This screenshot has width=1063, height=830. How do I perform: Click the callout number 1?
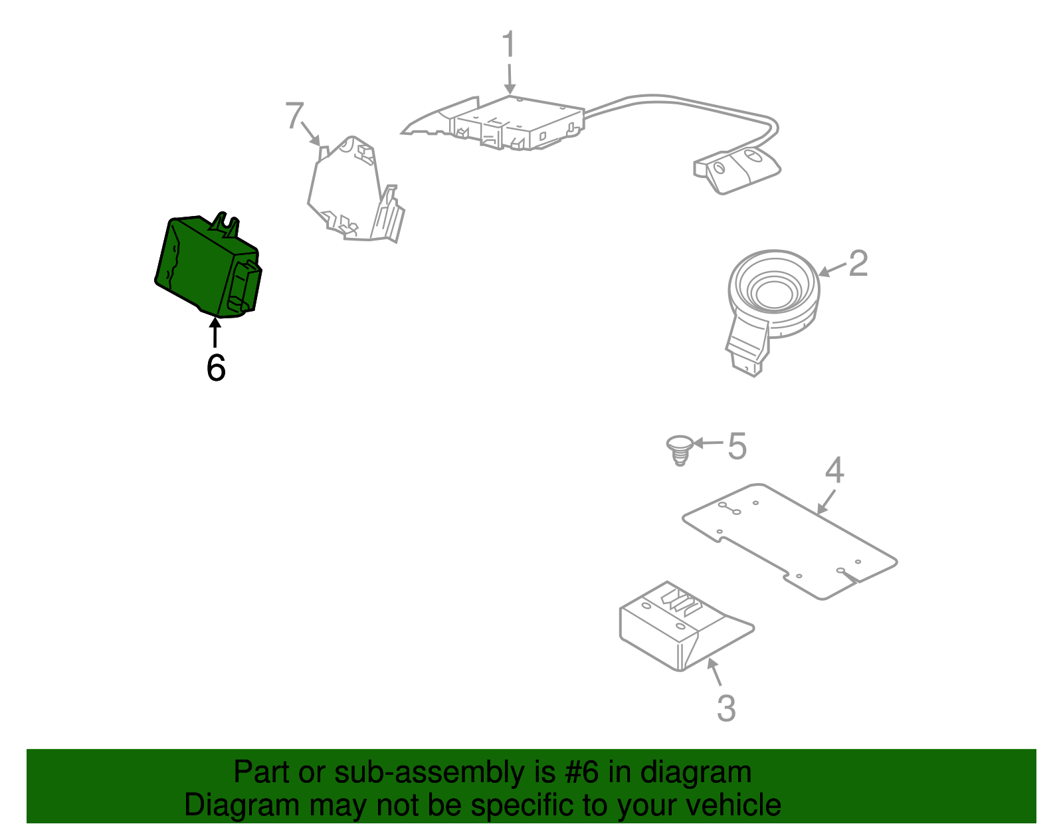click(508, 45)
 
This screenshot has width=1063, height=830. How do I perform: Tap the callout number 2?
click(858, 264)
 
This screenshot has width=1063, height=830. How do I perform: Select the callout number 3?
click(726, 708)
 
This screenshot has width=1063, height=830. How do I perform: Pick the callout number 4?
click(834, 470)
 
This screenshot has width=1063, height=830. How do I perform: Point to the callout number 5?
click(737, 446)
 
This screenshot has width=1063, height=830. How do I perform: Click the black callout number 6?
click(216, 368)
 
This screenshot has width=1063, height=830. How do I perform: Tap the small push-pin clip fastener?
click(679, 449)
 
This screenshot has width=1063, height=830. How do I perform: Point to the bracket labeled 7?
click(352, 193)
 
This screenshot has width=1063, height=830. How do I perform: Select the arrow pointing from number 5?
click(707, 443)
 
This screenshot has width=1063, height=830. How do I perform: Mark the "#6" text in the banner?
click(582, 773)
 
